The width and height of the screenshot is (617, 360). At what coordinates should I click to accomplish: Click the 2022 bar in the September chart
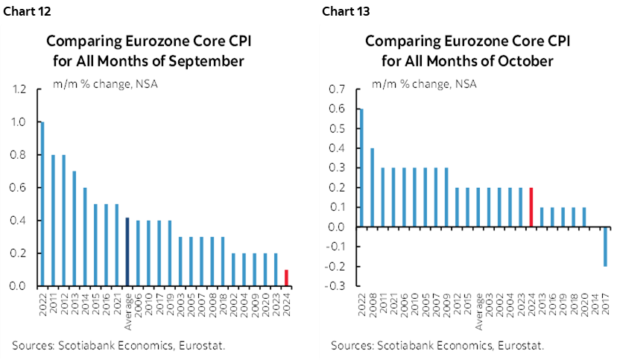pos(42,203)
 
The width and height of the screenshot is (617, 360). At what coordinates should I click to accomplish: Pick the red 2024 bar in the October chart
pos(531,207)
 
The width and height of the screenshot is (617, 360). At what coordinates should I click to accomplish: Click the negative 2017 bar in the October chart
pos(604,247)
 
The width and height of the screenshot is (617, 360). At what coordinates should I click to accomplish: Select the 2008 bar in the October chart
pos(373,187)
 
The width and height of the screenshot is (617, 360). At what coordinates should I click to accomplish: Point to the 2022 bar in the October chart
pos(362,168)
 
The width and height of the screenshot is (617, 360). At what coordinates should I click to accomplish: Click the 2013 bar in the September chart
pos(74,228)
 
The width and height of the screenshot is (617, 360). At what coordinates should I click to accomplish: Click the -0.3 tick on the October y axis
pos(337,286)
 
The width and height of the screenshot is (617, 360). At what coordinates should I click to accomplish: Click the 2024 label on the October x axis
pos(531,304)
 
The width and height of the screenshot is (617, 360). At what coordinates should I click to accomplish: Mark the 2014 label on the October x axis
pos(594,304)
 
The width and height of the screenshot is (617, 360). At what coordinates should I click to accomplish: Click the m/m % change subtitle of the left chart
pos(104,83)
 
